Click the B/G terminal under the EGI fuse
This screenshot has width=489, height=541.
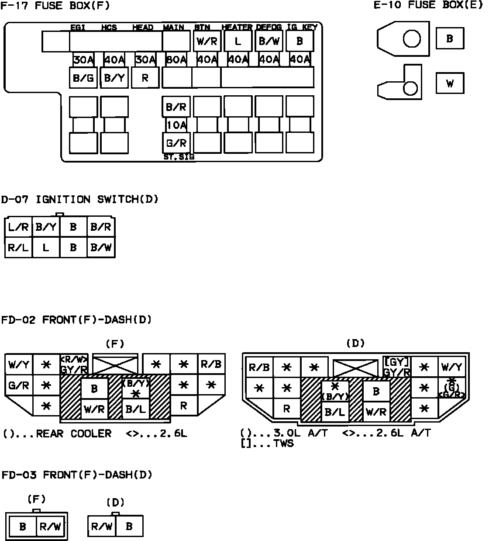point(83,78)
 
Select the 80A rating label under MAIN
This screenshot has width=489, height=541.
point(176,60)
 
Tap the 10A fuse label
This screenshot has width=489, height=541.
point(176,125)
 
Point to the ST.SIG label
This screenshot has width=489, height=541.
point(179,157)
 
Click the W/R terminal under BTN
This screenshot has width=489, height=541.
point(207,42)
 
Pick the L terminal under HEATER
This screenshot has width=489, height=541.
point(238,42)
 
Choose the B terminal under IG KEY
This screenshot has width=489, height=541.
point(300,42)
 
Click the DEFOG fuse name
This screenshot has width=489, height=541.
point(269,27)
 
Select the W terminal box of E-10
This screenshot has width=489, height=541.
point(450,83)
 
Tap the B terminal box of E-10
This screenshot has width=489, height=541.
point(450,38)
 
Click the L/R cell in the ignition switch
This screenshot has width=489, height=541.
point(18,227)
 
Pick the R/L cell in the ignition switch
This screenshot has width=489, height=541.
point(18,248)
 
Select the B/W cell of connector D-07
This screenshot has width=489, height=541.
point(101,248)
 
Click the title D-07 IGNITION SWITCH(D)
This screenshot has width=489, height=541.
point(79,200)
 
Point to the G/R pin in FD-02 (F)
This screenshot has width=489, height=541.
point(19,386)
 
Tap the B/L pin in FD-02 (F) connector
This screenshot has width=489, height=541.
point(136,409)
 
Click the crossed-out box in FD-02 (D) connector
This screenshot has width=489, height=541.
point(355,368)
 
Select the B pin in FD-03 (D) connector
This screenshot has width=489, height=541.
point(129,526)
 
